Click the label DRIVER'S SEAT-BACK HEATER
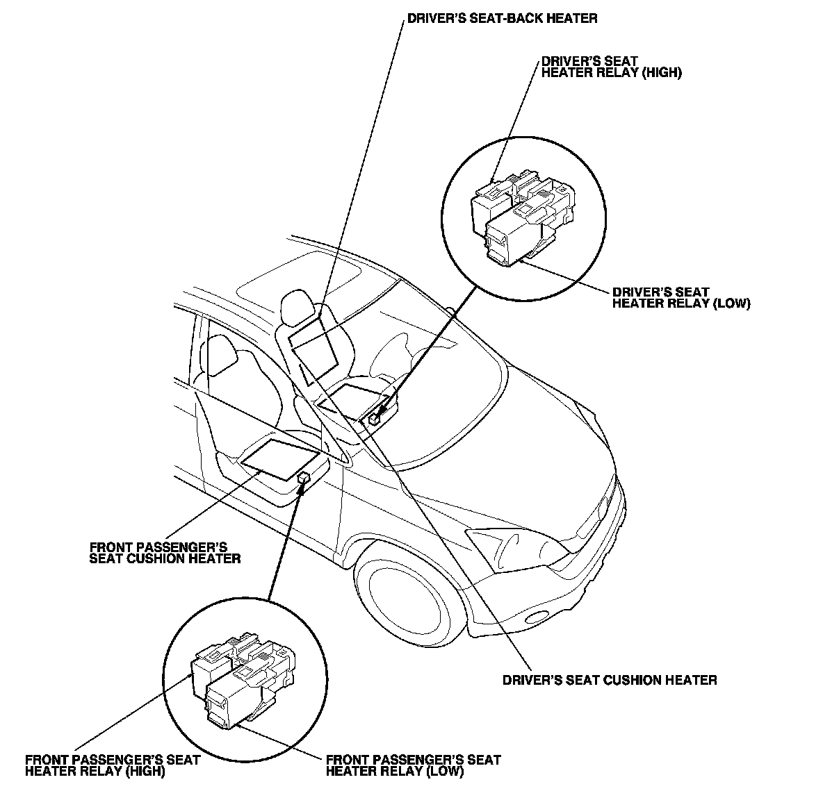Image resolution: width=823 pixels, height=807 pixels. (501, 19)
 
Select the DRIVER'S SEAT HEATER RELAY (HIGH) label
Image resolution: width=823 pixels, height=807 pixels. (611, 67)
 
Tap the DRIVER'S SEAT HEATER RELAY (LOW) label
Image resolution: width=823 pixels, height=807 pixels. (681, 298)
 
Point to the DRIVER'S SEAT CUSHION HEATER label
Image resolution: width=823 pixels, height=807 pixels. (610, 680)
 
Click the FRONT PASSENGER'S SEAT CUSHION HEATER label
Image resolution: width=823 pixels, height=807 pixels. (165, 553)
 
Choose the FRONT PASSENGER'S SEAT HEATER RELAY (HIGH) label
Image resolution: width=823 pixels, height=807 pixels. (112, 765)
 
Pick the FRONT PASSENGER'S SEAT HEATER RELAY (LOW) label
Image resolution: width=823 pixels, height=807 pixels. (413, 765)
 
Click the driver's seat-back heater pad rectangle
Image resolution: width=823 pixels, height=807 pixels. (312, 347)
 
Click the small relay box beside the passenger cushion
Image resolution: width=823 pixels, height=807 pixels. (304, 478)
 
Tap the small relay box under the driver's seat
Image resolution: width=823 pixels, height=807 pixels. (374, 418)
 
